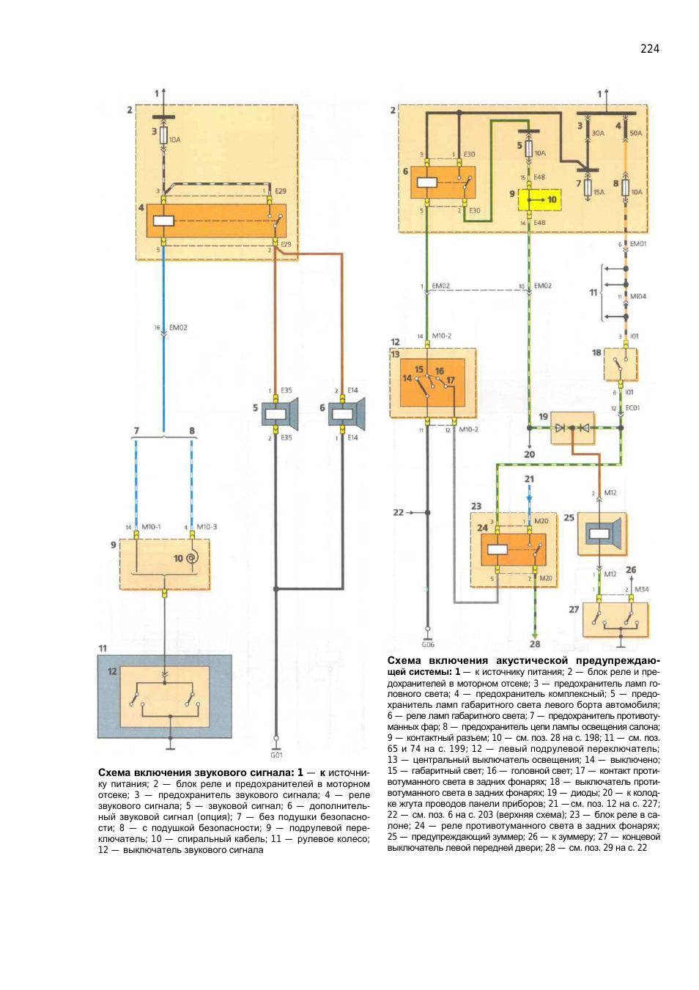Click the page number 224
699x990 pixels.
tap(649, 49)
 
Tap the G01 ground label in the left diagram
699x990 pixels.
tap(276, 755)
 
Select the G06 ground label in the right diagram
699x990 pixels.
tap(428, 645)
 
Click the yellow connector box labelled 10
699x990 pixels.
tap(540, 199)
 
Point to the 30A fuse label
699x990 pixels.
tap(598, 133)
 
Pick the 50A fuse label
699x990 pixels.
tap(635, 133)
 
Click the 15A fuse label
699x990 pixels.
tap(599, 192)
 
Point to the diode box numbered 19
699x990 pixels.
tap(572, 428)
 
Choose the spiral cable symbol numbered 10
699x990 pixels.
tap(191, 558)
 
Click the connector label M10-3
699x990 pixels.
tap(207, 527)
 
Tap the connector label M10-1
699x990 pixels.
tap(151, 527)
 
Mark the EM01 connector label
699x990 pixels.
tap(637, 244)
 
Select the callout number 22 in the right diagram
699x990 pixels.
tap(398, 512)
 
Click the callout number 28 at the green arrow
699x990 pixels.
tap(535, 644)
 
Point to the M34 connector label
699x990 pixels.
tap(641, 589)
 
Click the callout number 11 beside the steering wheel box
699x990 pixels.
tap(103, 649)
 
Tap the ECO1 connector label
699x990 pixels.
tap(632, 408)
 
